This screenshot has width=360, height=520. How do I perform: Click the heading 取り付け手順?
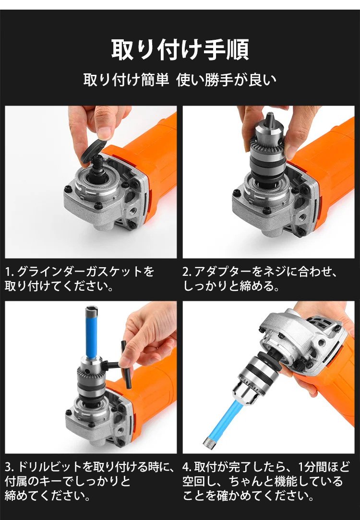180,49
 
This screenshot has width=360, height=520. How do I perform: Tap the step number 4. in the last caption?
187,467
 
